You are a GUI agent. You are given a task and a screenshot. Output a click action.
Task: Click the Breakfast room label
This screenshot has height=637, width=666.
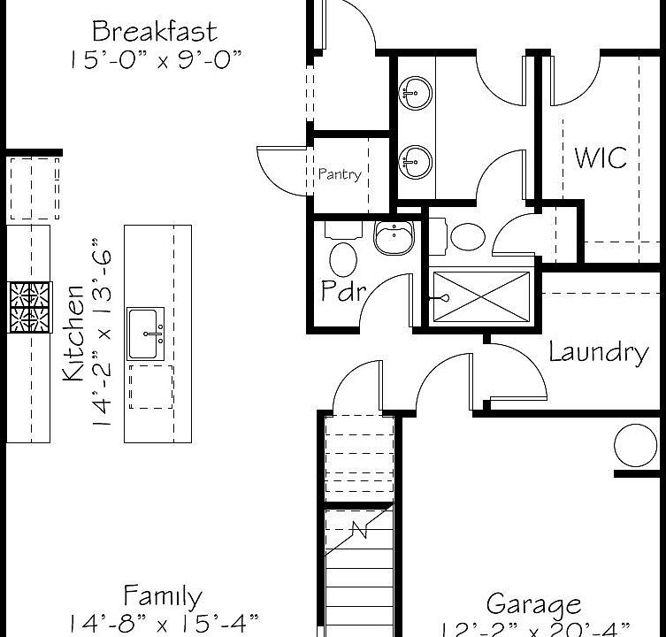click(155, 32)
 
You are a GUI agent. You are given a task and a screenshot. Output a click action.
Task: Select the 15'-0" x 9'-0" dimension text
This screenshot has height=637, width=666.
click(155, 59)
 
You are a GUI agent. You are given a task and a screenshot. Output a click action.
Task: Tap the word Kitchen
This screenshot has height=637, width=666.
click(74, 331)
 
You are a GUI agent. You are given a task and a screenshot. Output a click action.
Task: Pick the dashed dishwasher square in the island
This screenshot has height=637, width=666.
click(150, 387)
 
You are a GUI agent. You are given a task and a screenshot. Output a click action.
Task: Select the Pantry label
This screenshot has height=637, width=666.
click(340, 174)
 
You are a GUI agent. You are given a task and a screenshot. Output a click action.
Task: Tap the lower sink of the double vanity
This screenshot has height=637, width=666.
click(415, 160)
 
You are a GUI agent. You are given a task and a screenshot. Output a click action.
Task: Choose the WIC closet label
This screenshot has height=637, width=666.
click(601, 157)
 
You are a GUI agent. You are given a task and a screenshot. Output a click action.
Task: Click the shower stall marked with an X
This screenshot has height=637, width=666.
click(481, 296)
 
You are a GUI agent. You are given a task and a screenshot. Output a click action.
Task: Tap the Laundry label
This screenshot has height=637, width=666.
click(599, 351)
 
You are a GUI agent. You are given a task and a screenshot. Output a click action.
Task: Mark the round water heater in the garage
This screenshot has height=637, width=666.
click(636, 445)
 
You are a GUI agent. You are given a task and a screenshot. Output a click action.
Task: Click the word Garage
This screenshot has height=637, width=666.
click(534, 604)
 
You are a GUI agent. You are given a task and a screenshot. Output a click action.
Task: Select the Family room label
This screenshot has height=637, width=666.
click(162, 595)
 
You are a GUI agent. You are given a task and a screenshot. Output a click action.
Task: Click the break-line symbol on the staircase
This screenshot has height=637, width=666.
click(361, 529)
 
